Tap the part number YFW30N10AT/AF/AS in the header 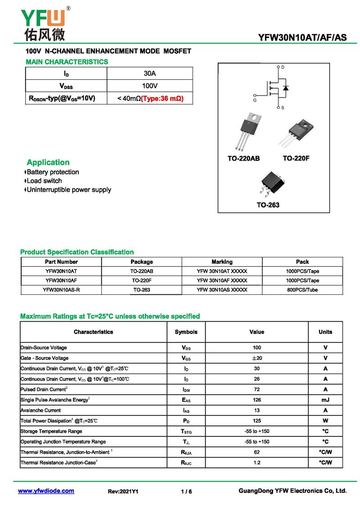click(302, 37)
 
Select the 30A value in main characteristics click(149, 73)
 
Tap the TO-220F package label click(296, 158)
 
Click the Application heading click(48, 162)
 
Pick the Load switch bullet click(44, 181)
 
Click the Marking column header click(222, 262)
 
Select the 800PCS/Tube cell click(302, 290)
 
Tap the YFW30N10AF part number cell click(61, 280)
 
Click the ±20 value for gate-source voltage click(257, 358)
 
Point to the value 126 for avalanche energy click(257, 400)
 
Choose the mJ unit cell click(325, 400)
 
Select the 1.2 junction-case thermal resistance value click(257, 463)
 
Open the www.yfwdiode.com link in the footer click(46, 491)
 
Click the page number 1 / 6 click(186, 491)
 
